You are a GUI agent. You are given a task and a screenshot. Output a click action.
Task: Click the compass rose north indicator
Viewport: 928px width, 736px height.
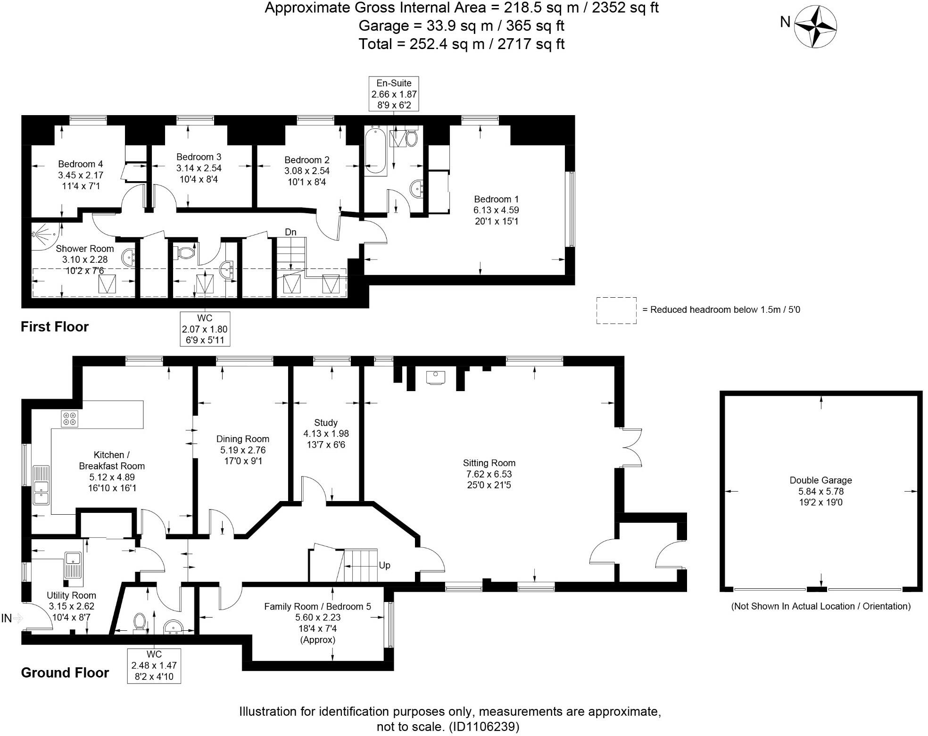815,26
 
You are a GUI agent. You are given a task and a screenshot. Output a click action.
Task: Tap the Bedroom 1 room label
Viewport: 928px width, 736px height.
496,199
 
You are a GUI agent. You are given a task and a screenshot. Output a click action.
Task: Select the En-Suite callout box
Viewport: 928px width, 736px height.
394,94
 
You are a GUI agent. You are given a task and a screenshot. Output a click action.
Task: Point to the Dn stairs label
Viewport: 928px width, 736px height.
290,232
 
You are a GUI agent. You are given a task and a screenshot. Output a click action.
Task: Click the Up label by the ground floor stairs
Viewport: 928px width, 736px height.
384,565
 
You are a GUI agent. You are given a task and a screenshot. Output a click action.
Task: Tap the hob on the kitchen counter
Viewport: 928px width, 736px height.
70,419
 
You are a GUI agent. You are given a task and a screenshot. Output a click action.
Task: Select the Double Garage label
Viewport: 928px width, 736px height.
820,480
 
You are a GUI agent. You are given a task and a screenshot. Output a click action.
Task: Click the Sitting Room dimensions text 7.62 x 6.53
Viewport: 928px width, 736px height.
489,474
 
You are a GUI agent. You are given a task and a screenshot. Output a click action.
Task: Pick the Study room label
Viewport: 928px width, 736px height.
325,423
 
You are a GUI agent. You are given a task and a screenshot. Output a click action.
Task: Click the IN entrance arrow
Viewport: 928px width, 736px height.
12,618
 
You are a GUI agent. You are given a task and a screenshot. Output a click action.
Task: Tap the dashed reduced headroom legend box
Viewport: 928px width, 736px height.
616,310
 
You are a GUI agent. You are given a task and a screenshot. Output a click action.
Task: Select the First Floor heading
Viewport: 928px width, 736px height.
55,327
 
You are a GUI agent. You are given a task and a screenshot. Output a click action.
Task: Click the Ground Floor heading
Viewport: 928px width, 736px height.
65,673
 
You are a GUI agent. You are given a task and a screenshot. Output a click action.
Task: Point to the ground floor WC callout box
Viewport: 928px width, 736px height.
154,665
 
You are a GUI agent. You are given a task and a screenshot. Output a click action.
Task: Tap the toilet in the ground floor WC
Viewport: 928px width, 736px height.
140,621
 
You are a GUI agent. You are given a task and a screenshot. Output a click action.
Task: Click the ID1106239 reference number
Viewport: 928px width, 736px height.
484,727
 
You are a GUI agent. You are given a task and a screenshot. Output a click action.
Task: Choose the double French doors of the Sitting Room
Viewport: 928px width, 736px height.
630,447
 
